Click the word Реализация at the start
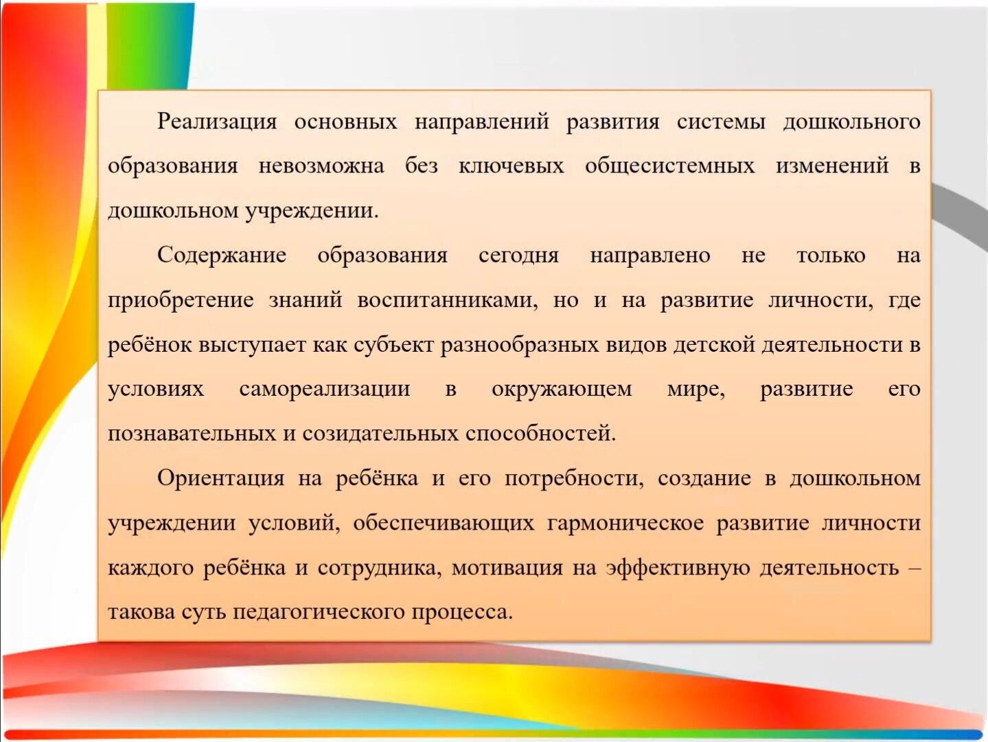click(217, 122)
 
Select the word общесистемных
click(670, 166)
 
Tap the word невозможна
click(321, 166)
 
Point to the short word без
click(422, 166)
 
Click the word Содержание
click(222, 256)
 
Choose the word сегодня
click(518, 256)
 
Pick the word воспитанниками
click(448, 300)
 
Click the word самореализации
click(325, 390)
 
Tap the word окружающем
click(562, 390)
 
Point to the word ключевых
click(512, 166)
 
